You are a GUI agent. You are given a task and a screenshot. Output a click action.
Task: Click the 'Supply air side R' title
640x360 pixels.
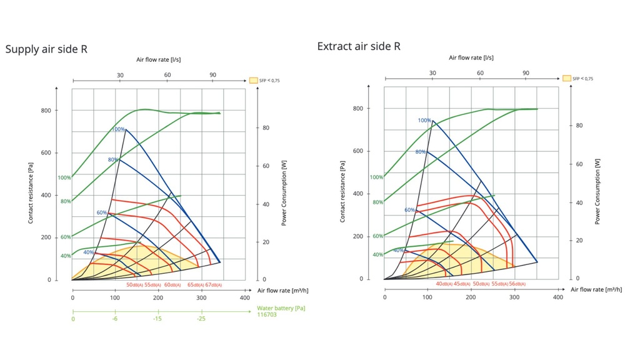coord(46,49)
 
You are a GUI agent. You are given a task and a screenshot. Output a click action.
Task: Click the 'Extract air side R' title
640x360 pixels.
coord(359,46)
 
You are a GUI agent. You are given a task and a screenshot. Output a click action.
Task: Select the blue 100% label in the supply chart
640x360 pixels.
coord(118,129)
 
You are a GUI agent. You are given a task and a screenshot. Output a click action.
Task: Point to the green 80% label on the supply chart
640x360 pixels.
coord(65,201)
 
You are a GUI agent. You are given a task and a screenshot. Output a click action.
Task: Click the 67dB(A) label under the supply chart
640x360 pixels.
coord(213,285)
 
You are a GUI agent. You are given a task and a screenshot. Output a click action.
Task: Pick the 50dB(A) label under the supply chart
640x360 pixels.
coord(134,285)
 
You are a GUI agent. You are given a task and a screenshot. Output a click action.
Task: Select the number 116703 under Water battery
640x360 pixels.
coord(267,314)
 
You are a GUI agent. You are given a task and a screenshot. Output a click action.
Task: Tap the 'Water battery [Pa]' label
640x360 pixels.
coord(281,307)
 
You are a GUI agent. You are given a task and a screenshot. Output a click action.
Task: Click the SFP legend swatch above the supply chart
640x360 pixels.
coord(254,80)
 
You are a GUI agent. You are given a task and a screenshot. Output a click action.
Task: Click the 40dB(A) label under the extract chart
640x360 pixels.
coord(444,284)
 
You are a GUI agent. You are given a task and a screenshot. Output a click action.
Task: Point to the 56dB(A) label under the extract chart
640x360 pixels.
coord(517,284)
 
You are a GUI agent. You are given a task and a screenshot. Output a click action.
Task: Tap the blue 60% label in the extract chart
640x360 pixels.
coord(410,210)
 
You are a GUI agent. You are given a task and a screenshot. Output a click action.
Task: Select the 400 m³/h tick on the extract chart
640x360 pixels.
coord(557,297)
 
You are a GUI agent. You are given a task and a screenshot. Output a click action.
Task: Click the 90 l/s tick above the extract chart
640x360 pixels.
coord(526,73)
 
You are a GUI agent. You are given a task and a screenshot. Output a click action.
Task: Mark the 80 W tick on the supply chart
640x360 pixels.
coord(265,128)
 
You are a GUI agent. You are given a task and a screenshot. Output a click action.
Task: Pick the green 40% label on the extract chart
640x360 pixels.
coord(378,255)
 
